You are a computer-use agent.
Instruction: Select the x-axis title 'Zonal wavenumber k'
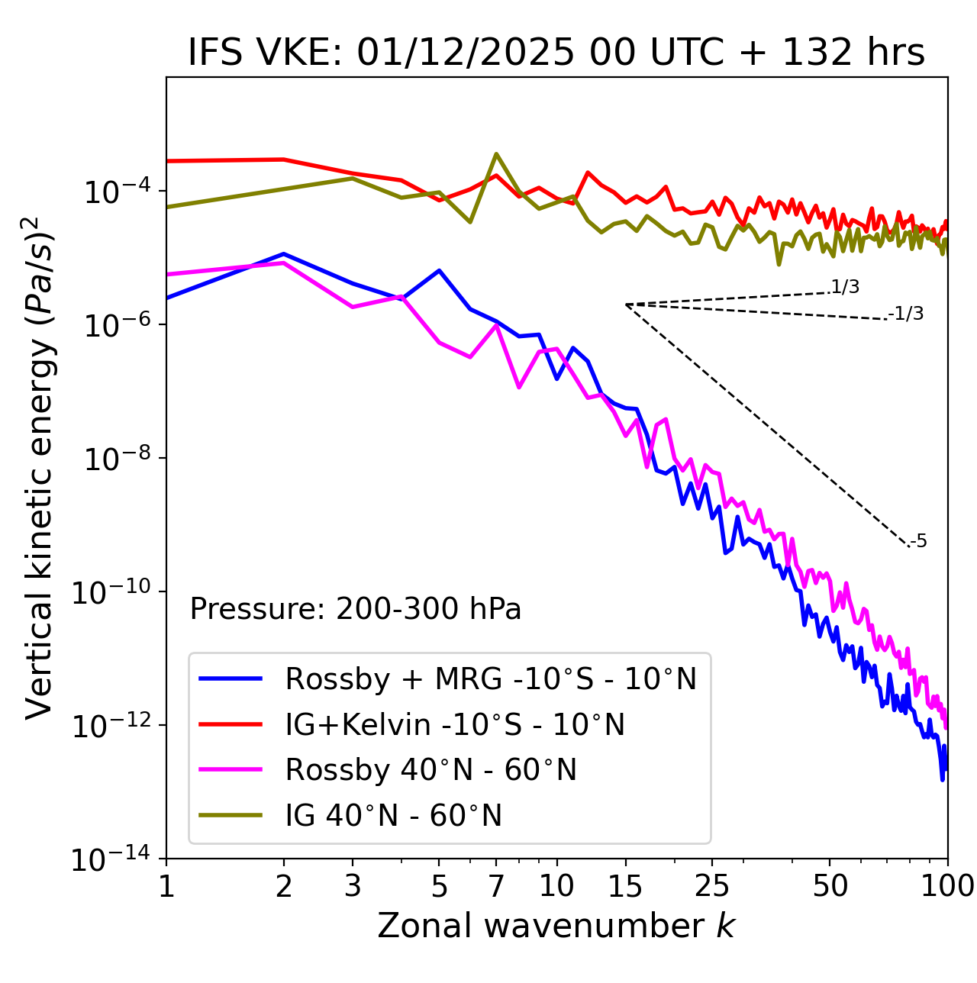tap(556, 925)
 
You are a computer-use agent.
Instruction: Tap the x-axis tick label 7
tap(496, 886)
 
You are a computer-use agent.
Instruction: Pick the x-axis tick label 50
tap(830, 886)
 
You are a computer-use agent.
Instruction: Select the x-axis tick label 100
tap(947, 886)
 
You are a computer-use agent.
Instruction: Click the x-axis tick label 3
tap(353, 886)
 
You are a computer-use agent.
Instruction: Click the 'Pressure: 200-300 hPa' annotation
tap(356, 609)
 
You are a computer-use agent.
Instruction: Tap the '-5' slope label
tap(918, 542)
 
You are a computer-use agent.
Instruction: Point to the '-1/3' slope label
tap(906, 314)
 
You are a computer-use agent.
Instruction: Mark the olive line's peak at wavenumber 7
tap(496, 154)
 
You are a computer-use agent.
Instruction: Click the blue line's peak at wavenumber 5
tap(439, 270)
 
